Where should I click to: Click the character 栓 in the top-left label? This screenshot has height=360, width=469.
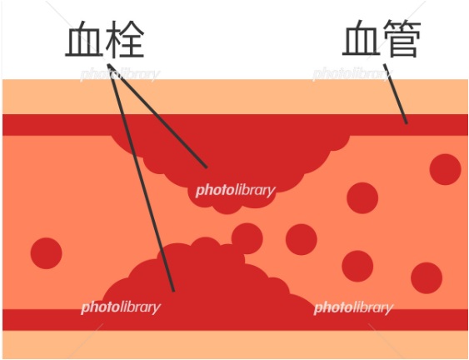pyautogui.click(x=125, y=39)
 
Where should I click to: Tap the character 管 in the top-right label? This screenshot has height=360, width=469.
pyautogui.click(x=402, y=38)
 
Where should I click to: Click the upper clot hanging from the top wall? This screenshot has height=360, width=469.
pyautogui.click(x=230, y=162)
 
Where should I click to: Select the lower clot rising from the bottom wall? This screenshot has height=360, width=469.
pyautogui.click(x=207, y=278)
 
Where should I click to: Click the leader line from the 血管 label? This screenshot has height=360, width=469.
pyautogui.click(x=395, y=93)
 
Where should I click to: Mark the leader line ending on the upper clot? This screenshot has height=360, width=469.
pyautogui.click(x=157, y=116)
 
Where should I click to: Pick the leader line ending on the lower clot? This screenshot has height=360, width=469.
pyautogui.click(x=141, y=177)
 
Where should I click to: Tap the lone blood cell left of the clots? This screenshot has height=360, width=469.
pyautogui.click(x=46, y=253)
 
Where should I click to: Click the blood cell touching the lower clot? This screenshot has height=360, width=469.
pyautogui.click(x=247, y=238)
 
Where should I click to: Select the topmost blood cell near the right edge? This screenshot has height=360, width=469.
pyautogui.click(x=446, y=169)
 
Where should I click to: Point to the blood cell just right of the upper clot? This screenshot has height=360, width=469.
pyautogui.click(x=362, y=197)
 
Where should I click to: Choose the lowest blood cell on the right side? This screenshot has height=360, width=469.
pyautogui.click(x=427, y=278)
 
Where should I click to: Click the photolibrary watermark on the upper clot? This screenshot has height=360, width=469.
pyautogui.click(x=236, y=190)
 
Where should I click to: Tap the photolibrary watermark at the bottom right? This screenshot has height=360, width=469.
pyautogui.click(x=353, y=307)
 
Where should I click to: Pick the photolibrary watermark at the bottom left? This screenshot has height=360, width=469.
pyautogui.click(x=121, y=307)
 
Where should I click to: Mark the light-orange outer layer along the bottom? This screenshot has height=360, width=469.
pyautogui.click(x=235, y=344)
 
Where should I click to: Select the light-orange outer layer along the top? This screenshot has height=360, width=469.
pyautogui.click(x=235, y=97)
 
